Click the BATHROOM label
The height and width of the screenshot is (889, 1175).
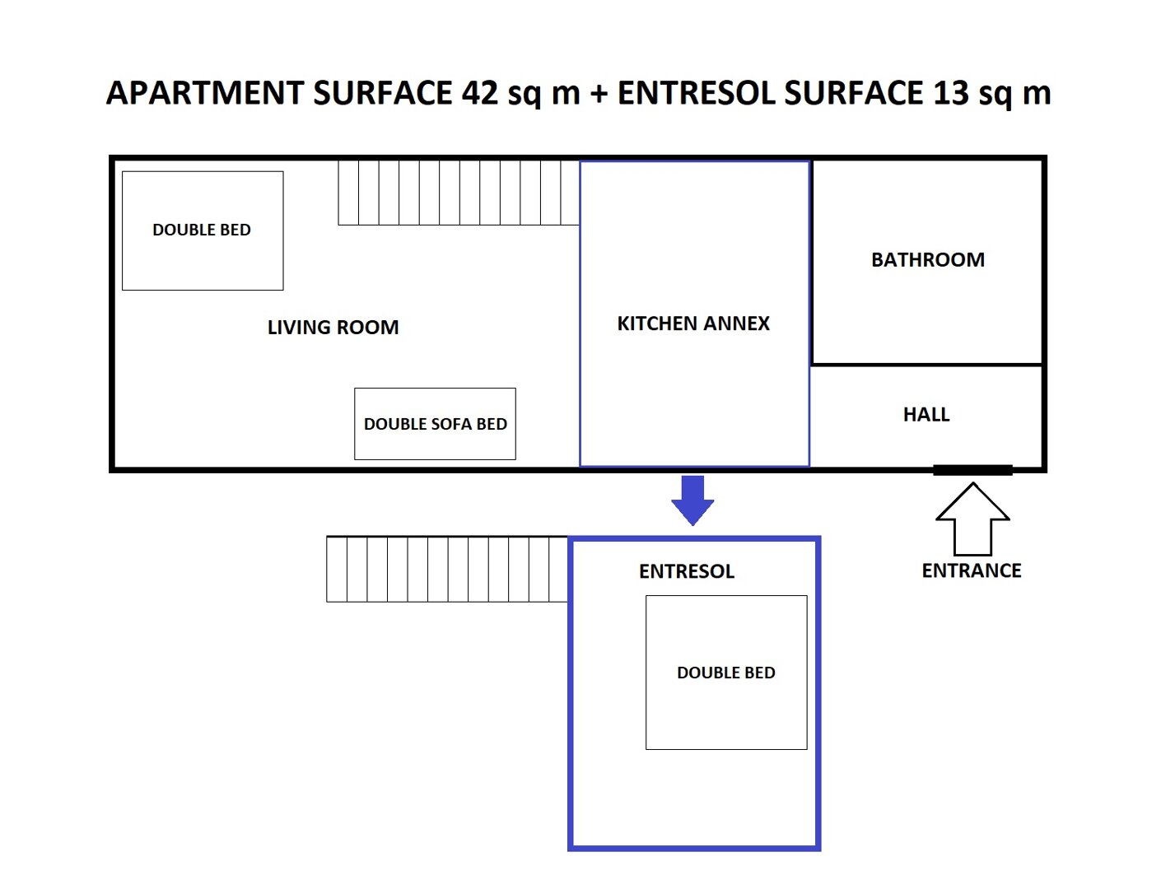pyautogui.click(x=928, y=260)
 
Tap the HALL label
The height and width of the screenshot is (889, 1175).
pyautogui.click(x=926, y=415)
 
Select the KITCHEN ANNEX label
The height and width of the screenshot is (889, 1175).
pyautogui.click(x=693, y=323)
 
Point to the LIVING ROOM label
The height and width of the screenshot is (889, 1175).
pyautogui.click(x=333, y=328)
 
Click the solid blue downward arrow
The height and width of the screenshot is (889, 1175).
pyautogui.click(x=692, y=500)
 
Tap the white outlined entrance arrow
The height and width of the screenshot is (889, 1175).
pyautogui.click(x=972, y=519)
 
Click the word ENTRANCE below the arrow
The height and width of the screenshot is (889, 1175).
pyautogui.click(x=971, y=570)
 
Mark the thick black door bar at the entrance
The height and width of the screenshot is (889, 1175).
pyautogui.click(x=972, y=470)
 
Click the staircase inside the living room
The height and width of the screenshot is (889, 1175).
pyautogui.click(x=458, y=193)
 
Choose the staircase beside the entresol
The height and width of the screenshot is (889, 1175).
pyautogui.click(x=447, y=569)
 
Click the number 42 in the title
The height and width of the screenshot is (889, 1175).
pyautogui.click(x=480, y=93)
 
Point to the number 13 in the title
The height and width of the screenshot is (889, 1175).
pyautogui.click(x=951, y=93)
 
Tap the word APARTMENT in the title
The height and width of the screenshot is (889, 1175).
pyautogui.click(x=205, y=93)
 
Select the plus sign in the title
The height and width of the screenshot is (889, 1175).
pyautogui.click(x=599, y=94)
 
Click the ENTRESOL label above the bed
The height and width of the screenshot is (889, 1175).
pyautogui.click(x=686, y=571)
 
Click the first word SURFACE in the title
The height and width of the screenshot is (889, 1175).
pyautogui.click(x=383, y=93)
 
